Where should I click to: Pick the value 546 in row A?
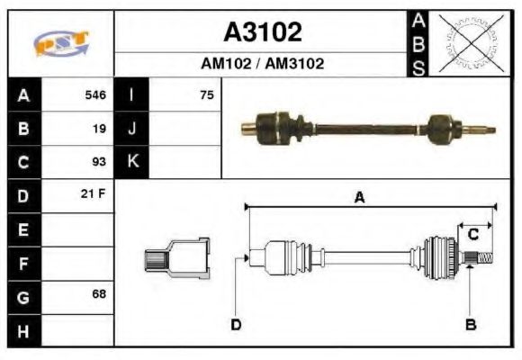tap(95, 94)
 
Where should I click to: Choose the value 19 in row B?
tap(99, 129)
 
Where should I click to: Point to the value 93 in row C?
tap(99, 162)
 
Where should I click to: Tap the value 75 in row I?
tap(207, 94)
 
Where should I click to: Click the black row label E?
tap(23, 230)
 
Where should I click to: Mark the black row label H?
tap(23, 330)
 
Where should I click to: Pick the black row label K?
tap(132, 162)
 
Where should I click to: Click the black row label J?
tap(132, 129)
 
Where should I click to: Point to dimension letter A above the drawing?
tap(359, 199)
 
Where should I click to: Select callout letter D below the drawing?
tap(236, 324)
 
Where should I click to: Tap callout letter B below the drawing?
tap(470, 324)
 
